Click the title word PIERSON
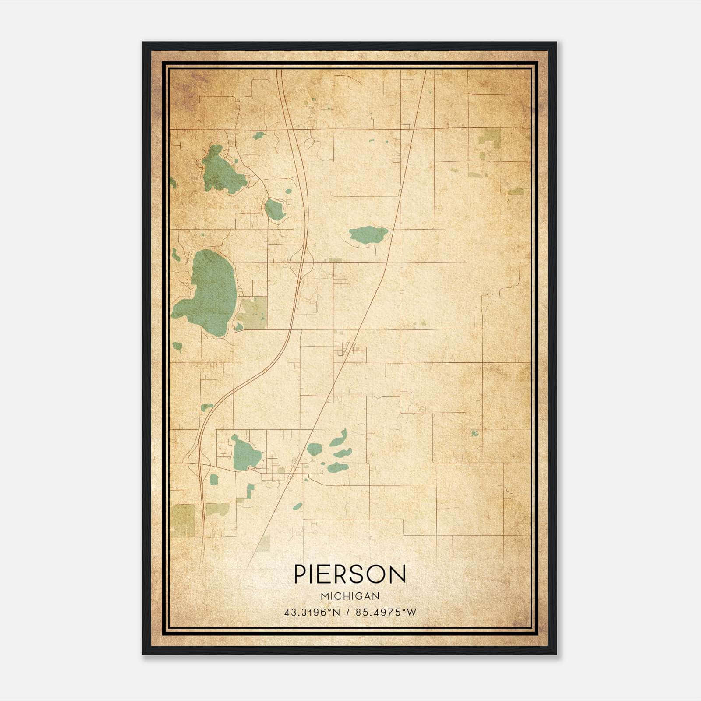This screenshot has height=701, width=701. tap(350, 574)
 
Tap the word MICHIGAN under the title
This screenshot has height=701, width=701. tap(350, 596)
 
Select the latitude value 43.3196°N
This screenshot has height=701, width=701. tap(312, 612)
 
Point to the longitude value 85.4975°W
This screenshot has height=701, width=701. tap(386, 612)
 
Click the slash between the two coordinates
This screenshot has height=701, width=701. tap(348, 612)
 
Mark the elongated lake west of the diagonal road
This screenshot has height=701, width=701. tap(368, 235)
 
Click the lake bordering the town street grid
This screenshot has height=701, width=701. tap(245, 454)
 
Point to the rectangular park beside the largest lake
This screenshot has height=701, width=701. tap(253, 312)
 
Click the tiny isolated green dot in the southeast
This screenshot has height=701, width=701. tap(474, 433)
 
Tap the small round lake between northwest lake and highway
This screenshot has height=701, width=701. tap(275, 209)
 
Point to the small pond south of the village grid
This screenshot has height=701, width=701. tap(297, 506)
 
